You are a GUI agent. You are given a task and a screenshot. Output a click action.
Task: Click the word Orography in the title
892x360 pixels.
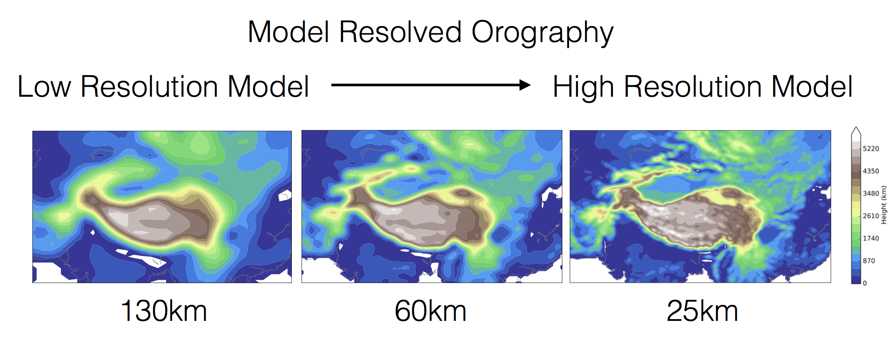pyautogui.click(x=542, y=33)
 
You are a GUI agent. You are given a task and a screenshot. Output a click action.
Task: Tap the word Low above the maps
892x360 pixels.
pyautogui.click(x=45, y=87)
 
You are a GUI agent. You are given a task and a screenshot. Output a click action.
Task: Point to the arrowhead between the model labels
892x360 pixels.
pyautogui.click(x=524, y=85)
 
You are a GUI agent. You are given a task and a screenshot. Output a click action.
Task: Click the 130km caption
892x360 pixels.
pyautogui.click(x=164, y=312)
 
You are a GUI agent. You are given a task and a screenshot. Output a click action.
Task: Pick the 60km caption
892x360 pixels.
pyautogui.click(x=430, y=312)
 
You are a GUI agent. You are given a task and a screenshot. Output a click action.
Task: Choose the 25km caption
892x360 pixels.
pyautogui.click(x=702, y=312)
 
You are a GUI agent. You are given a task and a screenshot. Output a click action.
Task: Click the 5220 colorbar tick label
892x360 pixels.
pyautogui.click(x=871, y=149)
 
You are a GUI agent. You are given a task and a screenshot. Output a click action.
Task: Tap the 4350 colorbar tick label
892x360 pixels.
pyautogui.click(x=871, y=171)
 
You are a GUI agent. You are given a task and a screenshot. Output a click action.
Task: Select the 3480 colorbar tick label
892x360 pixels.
pyautogui.click(x=871, y=193)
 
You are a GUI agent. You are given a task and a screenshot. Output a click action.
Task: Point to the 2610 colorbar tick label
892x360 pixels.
pyautogui.click(x=871, y=216)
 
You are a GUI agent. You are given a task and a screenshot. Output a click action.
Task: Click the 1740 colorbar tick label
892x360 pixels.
pyautogui.click(x=871, y=238)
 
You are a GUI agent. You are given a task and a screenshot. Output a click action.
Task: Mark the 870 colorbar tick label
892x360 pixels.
pyautogui.click(x=869, y=261)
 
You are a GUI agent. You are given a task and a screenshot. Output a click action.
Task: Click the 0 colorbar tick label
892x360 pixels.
pyautogui.click(x=865, y=283)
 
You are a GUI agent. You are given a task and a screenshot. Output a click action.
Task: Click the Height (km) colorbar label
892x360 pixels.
pyautogui.click(x=884, y=205)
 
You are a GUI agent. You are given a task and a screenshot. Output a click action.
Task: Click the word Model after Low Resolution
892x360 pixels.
pyautogui.click(x=268, y=87)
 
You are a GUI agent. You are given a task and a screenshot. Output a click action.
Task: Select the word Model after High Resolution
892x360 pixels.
pyautogui.click(x=812, y=87)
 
